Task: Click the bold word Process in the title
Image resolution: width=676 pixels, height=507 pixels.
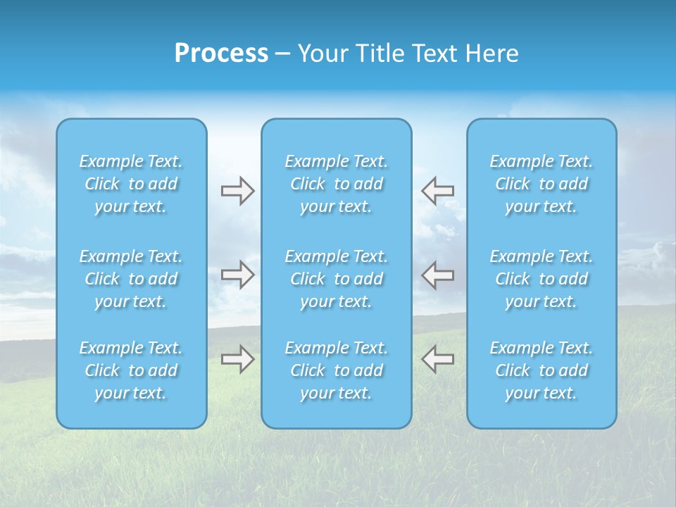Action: coord(221,54)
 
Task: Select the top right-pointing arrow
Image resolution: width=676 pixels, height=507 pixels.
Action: coord(237,191)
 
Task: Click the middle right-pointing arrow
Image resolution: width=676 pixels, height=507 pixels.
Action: coord(237,275)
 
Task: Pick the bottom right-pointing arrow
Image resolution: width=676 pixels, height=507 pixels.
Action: coord(237,359)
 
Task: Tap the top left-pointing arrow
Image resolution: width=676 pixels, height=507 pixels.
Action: coord(437,191)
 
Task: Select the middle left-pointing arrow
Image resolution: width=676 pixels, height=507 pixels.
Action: coord(437,275)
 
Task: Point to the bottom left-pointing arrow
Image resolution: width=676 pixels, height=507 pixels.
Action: coord(437,359)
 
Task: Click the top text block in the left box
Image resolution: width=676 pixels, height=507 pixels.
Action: coord(131,184)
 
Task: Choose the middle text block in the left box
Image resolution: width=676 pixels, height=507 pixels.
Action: coord(131,279)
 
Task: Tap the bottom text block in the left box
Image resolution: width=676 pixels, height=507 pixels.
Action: coord(131,370)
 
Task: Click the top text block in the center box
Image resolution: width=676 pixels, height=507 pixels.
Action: coord(337,184)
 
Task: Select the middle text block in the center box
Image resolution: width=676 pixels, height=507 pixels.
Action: coord(337,279)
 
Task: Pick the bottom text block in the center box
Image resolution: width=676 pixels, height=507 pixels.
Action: coord(337,370)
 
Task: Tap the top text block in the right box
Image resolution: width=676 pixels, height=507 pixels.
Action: coord(542,184)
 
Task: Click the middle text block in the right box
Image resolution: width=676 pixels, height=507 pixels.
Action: coord(542,279)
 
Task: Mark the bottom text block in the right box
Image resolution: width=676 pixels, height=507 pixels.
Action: coord(542,370)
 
